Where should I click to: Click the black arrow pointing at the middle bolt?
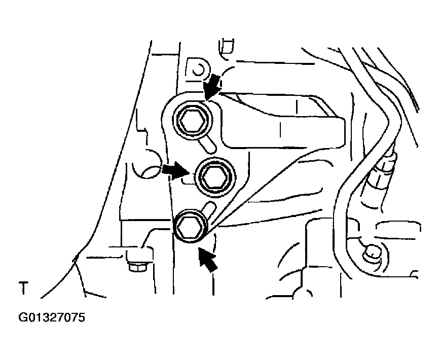tap(174, 170)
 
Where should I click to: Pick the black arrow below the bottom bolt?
tap(208, 259)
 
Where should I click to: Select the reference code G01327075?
tap(52, 317)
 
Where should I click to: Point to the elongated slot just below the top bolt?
tap(207, 144)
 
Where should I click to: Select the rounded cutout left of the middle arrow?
tap(146, 164)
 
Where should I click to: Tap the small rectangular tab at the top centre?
tap(226, 47)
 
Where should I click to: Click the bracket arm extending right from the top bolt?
tap(283, 121)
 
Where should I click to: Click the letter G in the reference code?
tap(23, 317)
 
